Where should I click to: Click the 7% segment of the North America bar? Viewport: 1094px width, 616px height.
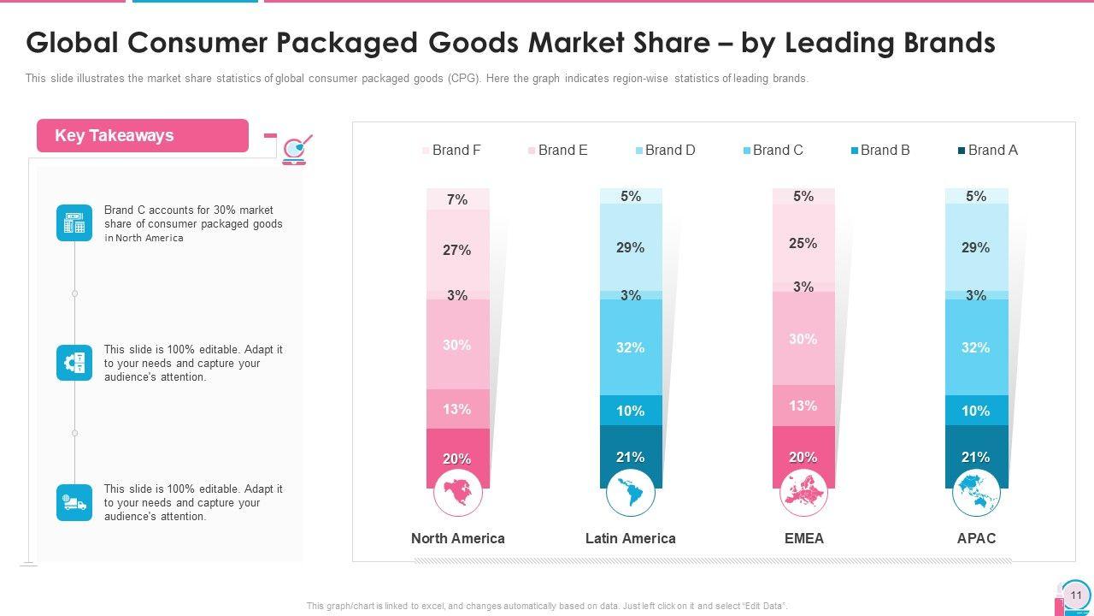tap(458, 199)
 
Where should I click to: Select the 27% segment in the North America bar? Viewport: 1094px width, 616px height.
tap(458, 250)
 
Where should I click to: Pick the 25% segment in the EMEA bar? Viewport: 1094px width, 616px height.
tap(803, 244)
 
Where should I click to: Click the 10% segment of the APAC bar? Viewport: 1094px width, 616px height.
tap(976, 411)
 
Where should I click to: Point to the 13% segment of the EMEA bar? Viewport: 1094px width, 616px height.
tap(803, 406)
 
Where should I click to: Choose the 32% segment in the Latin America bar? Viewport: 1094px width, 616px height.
tap(631, 347)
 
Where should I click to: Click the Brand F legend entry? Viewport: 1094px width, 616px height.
tap(451, 151)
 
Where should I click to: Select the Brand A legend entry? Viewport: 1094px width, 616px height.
tap(988, 151)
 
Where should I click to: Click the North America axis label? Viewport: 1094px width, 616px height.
tap(458, 538)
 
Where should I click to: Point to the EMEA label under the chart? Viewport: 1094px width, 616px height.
tap(803, 538)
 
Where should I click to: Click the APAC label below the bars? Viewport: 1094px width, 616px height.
tap(976, 538)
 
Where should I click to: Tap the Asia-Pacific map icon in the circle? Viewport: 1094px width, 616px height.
tap(977, 493)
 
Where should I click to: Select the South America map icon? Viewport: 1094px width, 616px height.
tap(631, 493)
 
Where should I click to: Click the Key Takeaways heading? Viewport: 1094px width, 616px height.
tap(115, 136)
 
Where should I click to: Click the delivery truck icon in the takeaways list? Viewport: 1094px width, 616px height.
tap(74, 503)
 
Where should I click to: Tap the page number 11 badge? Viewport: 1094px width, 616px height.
tap(1075, 595)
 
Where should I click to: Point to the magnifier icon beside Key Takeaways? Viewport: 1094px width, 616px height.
tap(296, 149)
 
